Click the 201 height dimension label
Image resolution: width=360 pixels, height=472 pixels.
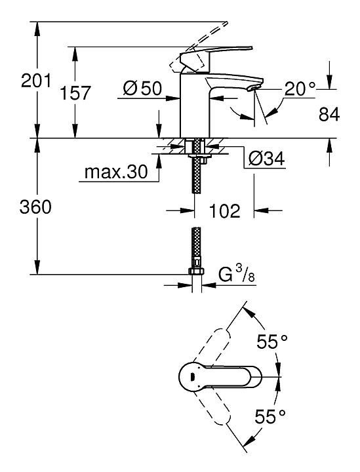tap(36, 81)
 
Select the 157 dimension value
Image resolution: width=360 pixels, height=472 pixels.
tap(75, 92)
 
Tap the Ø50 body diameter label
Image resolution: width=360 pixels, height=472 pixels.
tap(142, 88)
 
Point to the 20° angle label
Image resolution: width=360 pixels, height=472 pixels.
tap(300, 88)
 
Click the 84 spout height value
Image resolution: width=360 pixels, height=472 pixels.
tap(329, 114)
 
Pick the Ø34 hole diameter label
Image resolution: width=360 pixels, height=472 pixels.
tap(266, 158)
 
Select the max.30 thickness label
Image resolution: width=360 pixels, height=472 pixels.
tap(116, 172)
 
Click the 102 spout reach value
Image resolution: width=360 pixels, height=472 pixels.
tap(224, 210)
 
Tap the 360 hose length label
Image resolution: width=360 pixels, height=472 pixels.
tap(35, 207)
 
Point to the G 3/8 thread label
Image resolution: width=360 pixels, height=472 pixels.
tap(236, 275)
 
